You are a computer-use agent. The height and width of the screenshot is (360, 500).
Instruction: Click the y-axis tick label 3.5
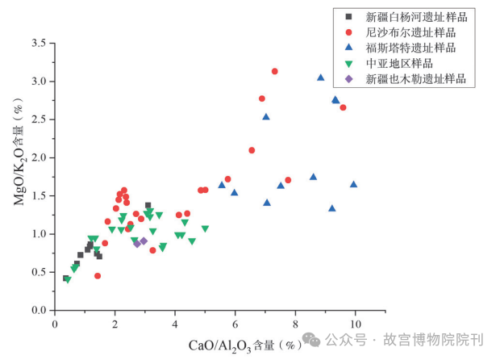(x=38, y=42)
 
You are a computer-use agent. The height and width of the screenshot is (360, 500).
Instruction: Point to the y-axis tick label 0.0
(x=38, y=311)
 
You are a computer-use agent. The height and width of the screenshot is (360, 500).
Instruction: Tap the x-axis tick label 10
(x=355, y=324)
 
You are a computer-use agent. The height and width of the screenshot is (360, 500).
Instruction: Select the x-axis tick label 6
(x=235, y=324)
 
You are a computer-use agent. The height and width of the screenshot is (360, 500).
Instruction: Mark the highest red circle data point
(x=275, y=71)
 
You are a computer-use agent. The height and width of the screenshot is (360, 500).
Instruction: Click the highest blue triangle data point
(x=320, y=77)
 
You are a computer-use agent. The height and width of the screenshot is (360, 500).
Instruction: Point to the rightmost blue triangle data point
(x=353, y=184)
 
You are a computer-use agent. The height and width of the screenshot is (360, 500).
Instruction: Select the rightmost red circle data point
(x=343, y=107)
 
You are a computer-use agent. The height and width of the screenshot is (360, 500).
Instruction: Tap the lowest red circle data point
(x=98, y=275)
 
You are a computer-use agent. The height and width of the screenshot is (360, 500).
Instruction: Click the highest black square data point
(x=148, y=205)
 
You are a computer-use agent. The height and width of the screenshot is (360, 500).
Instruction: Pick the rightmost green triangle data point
(x=205, y=228)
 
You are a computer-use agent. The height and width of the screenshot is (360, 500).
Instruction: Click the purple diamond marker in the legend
(x=348, y=79)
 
